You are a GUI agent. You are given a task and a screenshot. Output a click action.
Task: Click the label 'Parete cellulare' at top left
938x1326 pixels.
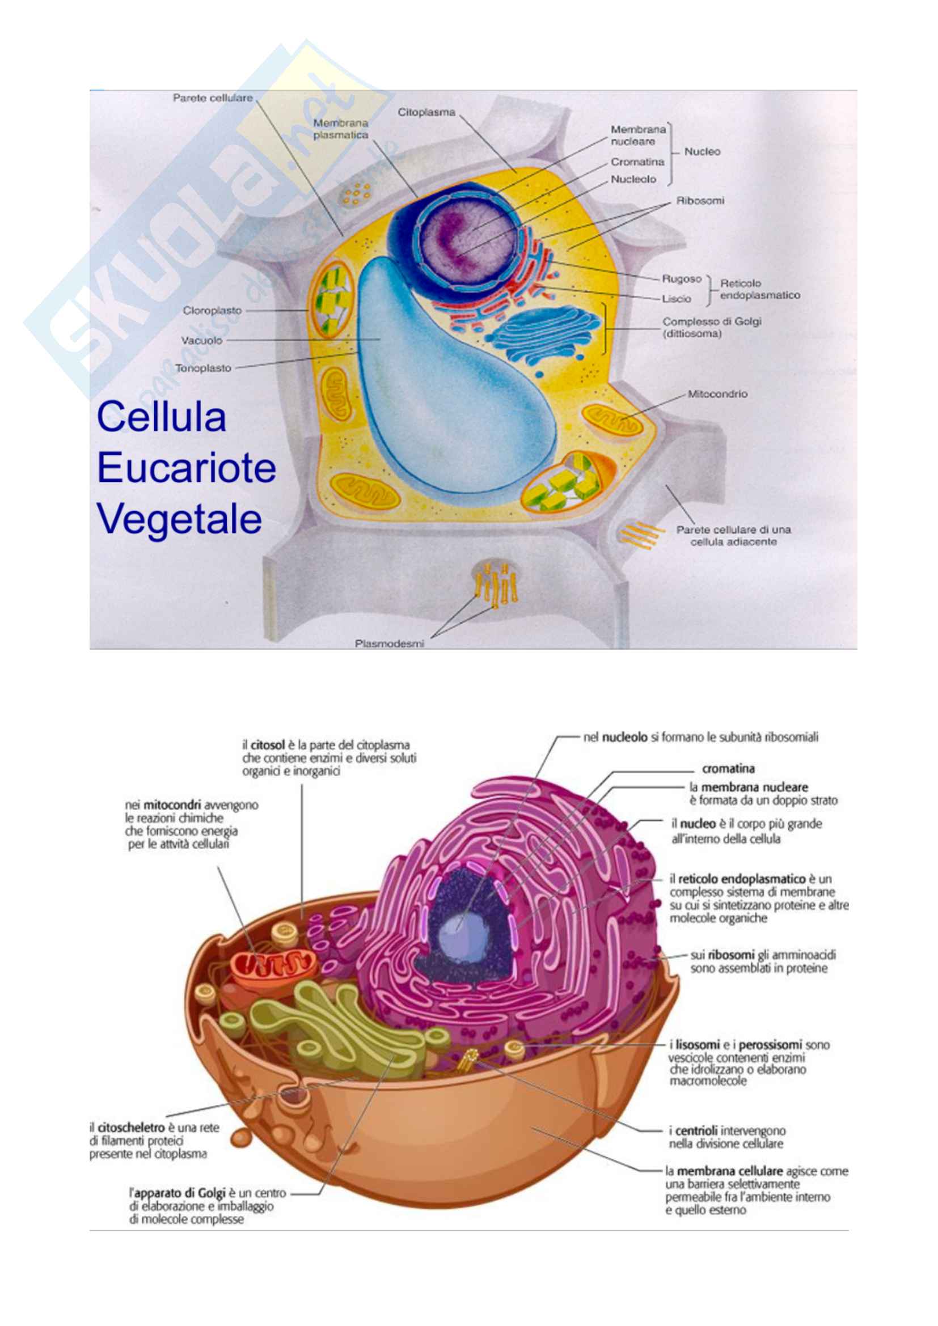tap(213, 98)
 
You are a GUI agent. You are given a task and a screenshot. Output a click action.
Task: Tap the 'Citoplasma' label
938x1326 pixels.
tap(426, 112)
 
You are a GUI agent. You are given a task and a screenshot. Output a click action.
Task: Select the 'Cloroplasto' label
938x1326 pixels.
tap(212, 311)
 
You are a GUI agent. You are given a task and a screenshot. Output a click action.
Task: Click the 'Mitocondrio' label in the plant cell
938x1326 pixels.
tap(717, 394)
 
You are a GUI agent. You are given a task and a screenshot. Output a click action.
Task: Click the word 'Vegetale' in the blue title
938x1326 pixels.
tap(179, 518)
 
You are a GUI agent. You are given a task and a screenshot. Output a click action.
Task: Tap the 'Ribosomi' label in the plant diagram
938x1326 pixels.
tap(700, 201)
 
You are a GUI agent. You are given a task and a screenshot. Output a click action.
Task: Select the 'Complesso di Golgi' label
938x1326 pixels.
tap(712, 321)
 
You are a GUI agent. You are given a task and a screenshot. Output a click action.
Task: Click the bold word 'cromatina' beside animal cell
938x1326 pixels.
tap(728, 769)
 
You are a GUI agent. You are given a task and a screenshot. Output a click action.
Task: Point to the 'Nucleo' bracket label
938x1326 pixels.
tap(702, 152)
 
